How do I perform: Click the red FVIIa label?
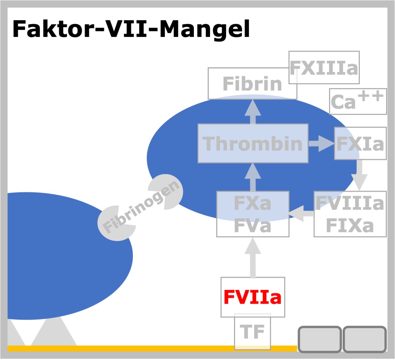point(252,297)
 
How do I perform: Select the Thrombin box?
point(253,144)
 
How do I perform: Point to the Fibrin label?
point(252,84)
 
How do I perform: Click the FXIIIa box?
point(324,68)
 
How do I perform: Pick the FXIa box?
point(360,144)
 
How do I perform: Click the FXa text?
point(252,203)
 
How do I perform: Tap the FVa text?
point(252,226)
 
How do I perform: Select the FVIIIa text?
point(350,203)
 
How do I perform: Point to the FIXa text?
point(350,226)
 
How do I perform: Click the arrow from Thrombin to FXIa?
point(322,144)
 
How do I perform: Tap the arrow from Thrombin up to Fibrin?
point(253,112)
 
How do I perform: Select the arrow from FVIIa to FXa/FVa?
point(253,258)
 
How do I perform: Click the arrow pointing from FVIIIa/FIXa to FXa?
point(301,214)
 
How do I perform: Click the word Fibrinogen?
point(141,207)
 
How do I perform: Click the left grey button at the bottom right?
point(320,339)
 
